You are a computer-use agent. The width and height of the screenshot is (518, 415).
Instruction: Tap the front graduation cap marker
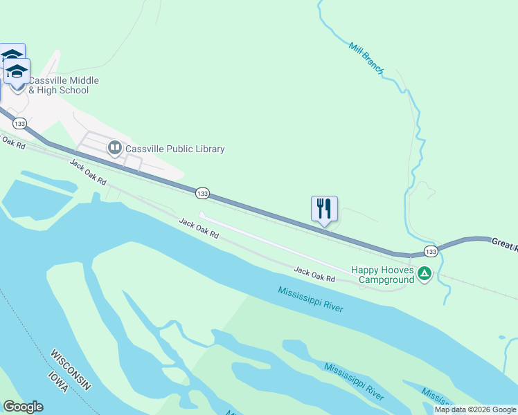pyautogui.click(x=17, y=71)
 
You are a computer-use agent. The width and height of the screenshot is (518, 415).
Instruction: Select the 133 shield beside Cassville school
pyautogui.click(x=19, y=124)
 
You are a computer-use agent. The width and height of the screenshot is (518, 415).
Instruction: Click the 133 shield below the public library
pyautogui.click(x=202, y=193)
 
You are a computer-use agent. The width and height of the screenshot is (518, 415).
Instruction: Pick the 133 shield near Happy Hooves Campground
pyautogui.click(x=431, y=251)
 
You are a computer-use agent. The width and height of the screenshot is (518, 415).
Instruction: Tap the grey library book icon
pyautogui.click(x=114, y=147)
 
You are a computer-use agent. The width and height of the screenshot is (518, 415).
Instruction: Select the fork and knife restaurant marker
pyautogui.click(x=324, y=208)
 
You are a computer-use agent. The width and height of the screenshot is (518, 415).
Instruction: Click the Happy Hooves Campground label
pyautogui.click(x=382, y=275)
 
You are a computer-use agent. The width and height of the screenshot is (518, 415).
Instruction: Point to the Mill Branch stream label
pyautogui.click(x=366, y=58)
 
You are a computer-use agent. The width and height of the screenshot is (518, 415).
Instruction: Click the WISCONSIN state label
pyautogui.click(x=70, y=370)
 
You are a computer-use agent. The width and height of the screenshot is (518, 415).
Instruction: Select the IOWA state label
pyautogui.click(x=57, y=383)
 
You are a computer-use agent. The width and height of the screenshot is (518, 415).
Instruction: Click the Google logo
pyautogui.click(x=23, y=407)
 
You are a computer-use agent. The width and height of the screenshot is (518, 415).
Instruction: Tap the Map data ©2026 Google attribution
pyautogui.click(x=475, y=409)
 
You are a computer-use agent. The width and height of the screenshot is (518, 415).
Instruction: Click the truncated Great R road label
pyautogui.click(x=505, y=242)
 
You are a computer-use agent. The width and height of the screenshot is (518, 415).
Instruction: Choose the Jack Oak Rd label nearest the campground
pyautogui.click(x=314, y=274)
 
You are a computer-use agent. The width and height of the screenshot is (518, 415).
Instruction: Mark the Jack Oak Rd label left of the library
pyautogui.click(x=88, y=172)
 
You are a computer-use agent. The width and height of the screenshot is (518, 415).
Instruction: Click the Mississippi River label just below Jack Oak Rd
pyautogui.click(x=311, y=299)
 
